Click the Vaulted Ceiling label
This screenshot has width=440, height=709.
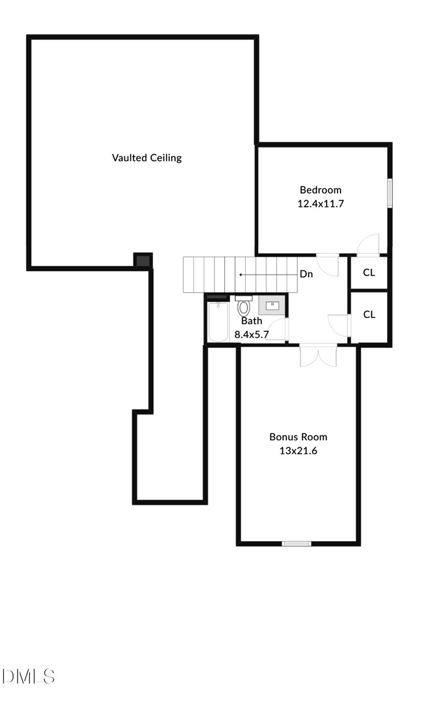click(147, 158)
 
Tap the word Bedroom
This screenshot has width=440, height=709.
click(321, 190)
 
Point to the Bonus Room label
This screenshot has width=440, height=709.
click(298, 437)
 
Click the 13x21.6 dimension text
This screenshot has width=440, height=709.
click(298, 451)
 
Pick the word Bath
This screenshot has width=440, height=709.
click(251, 321)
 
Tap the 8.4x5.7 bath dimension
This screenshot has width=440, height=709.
click(251, 334)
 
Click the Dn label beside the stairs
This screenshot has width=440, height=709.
click(306, 274)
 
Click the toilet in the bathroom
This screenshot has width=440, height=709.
click(244, 307)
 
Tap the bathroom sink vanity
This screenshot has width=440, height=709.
click(272, 304)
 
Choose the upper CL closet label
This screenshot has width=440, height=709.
click(370, 273)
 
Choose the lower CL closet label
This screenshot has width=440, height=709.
click(370, 315)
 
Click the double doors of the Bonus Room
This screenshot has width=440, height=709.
click(318, 356)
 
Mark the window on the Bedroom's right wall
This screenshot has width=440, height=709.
click(390, 193)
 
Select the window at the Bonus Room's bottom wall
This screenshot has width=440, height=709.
click(296, 544)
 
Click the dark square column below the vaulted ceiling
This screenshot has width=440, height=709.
click(143, 260)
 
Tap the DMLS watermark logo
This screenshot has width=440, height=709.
click(29, 676)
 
